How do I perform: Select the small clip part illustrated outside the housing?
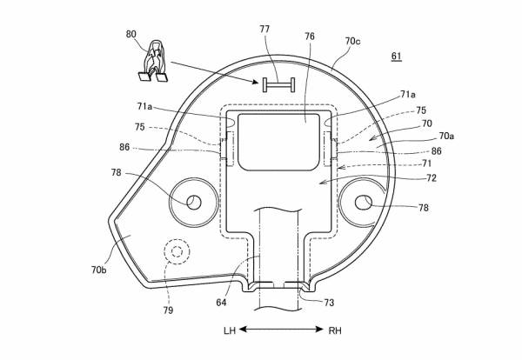pos(152,64)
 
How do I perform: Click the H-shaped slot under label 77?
pos(277,83)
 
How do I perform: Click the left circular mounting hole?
pos(194,202)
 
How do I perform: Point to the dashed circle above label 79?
pos(179,252)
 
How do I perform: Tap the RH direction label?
pos(336,331)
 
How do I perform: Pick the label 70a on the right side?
pos(445,137)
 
